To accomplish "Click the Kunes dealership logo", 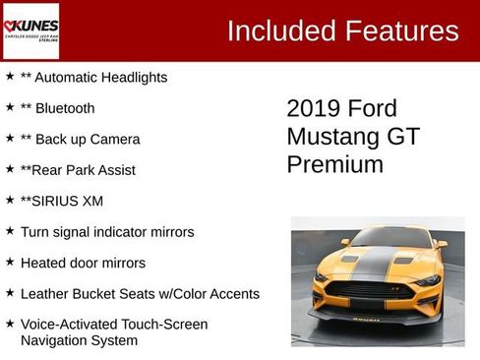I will pos(30,30).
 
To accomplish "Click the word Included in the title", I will pos(278,30).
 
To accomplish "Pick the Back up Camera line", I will pos(88,140).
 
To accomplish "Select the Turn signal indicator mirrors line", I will pos(107,232).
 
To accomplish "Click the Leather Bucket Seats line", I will pos(140,294).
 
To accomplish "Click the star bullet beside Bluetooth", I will pos(10,107).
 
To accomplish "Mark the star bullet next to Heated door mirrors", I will pos(10,263).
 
